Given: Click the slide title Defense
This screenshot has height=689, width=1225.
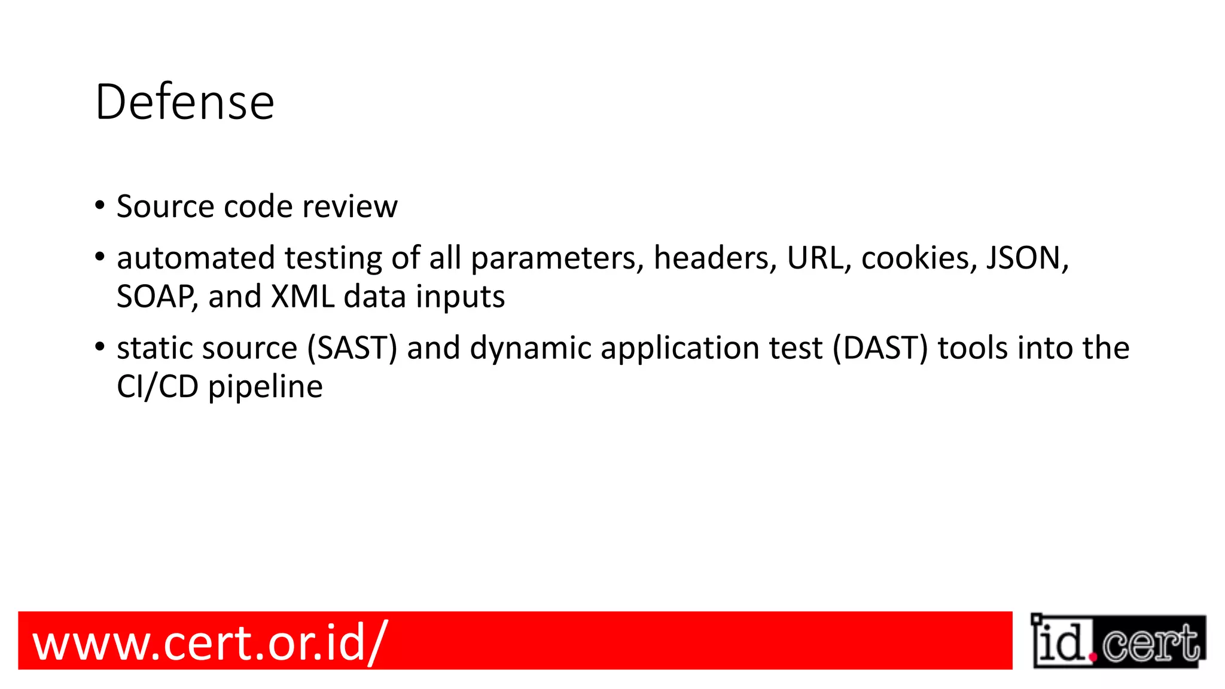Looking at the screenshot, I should pos(184,102).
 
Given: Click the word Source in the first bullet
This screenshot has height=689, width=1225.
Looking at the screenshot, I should pos(165,206).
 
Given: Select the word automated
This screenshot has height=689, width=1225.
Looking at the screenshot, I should pos(196,258).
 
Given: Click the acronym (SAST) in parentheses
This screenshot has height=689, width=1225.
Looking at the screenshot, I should pos(352,348).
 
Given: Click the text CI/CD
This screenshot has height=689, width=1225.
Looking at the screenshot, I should pos(157,387).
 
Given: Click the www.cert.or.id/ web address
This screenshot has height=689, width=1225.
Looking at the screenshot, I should pos(210,642).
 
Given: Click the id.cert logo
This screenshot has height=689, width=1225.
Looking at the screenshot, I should pos(1118,641).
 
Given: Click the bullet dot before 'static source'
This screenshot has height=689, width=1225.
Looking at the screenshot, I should pos(100,347).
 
